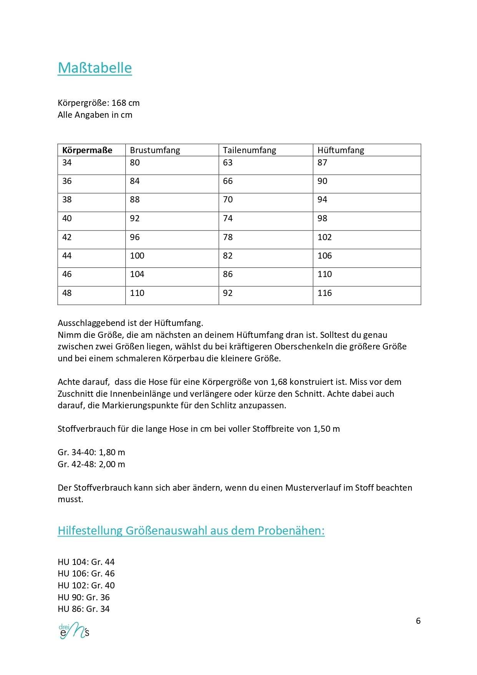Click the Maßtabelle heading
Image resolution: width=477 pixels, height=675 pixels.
click(x=95, y=68)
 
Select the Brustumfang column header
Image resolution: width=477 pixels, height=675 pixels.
click(x=155, y=150)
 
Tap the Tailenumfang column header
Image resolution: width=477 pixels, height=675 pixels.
click(x=249, y=150)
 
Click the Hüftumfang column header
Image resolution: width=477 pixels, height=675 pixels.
click(x=341, y=150)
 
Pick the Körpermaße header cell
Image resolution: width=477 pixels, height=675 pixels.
click(x=87, y=150)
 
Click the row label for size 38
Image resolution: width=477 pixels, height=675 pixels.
click(x=67, y=200)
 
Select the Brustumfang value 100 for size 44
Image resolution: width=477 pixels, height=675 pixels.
click(x=137, y=256)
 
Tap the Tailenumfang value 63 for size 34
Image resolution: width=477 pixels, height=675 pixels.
click(x=228, y=163)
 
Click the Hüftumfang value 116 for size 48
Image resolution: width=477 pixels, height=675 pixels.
click(x=324, y=293)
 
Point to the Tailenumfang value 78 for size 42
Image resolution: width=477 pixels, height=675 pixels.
click(x=228, y=237)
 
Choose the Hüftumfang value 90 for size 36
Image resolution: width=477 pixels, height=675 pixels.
click(x=322, y=181)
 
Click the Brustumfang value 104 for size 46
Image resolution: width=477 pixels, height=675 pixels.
click(x=137, y=274)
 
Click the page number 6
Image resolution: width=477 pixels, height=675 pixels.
click(x=418, y=621)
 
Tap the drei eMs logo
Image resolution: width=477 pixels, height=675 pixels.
click(x=74, y=630)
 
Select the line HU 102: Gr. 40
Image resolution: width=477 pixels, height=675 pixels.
click(x=86, y=585)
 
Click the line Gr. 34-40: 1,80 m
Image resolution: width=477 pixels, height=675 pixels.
click(x=91, y=452)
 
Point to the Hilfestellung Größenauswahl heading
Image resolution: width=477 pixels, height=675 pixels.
click(x=191, y=531)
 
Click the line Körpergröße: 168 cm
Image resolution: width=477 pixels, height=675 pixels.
click(x=98, y=103)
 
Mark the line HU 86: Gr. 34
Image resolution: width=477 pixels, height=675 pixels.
click(x=83, y=609)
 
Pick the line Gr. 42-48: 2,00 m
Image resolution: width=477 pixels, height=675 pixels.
click(x=91, y=464)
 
